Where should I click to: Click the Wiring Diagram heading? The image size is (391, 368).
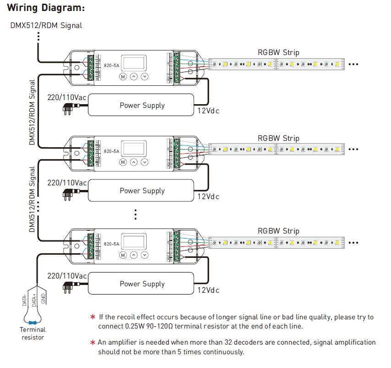(x=46, y=8)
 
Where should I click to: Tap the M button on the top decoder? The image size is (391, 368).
(x=123, y=77)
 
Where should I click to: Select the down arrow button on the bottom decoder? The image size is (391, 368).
(x=144, y=255)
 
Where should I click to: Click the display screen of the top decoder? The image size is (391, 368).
(x=135, y=62)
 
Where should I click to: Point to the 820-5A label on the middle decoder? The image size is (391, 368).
(x=111, y=151)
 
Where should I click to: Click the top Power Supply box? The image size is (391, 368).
(x=142, y=105)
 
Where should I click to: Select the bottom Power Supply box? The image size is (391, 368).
(x=142, y=284)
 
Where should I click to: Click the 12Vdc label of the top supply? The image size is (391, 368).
(x=208, y=111)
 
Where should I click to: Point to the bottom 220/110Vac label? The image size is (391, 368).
(x=67, y=276)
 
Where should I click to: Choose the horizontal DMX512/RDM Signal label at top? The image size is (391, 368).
(x=46, y=25)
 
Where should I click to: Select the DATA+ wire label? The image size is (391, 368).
(x=34, y=300)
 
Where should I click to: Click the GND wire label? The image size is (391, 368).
(x=43, y=299)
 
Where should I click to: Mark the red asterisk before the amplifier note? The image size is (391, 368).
(x=93, y=342)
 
